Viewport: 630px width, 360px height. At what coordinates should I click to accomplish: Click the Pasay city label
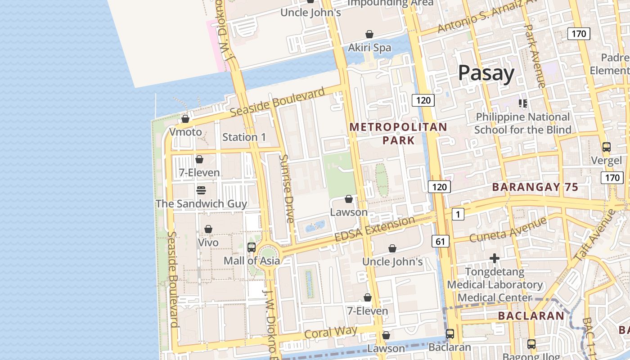pos(486,73)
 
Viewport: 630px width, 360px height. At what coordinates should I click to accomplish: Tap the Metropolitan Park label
pos(398,134)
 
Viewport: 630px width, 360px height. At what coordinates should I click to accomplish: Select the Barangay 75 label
pos(535,187)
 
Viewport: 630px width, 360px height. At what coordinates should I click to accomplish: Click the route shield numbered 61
pos(440,241)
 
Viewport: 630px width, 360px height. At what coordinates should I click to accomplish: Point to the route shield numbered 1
pos(458,215)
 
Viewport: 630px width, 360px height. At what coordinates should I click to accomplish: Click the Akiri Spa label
pos(369,48)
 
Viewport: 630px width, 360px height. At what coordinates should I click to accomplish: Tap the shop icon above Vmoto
pos(185,119)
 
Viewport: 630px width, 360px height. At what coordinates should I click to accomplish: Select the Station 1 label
pos(244,137)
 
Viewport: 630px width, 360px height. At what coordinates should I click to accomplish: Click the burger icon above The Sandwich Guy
pos(201,190)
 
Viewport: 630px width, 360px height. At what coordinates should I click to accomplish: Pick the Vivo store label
pos(208,243)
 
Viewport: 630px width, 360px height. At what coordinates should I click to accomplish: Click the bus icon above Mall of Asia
pos(252,247)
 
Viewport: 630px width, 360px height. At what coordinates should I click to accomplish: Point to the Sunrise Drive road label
pos(287,189)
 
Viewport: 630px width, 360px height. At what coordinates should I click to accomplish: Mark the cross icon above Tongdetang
pos(495,258)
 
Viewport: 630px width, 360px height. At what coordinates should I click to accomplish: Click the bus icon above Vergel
pos(606,147)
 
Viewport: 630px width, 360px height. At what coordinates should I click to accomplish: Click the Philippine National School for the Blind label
pos(522,123)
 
